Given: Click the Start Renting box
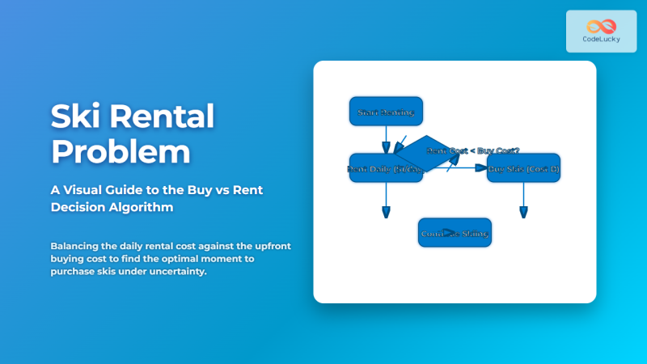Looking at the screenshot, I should pyautogui.click(x=386, y=112).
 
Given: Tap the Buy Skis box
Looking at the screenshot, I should pyautogui.click(x=523, y=168).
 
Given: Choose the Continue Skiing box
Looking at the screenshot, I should pyautogui.click(x=455, y=233).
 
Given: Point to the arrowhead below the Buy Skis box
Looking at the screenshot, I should pyautogui.click(x=523, y=212).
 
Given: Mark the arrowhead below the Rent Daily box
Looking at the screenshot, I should pyautogui.click(x=386, y=212).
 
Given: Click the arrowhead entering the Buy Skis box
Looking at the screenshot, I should pyautogui.click(x=482, y=168).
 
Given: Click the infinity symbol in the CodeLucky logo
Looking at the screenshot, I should pyautogui.click(x=601, y=26).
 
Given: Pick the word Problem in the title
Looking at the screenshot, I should pyautogui.click(x=121, y=153).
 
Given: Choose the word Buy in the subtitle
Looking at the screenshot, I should pyautogui.click(x=199, y=189).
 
